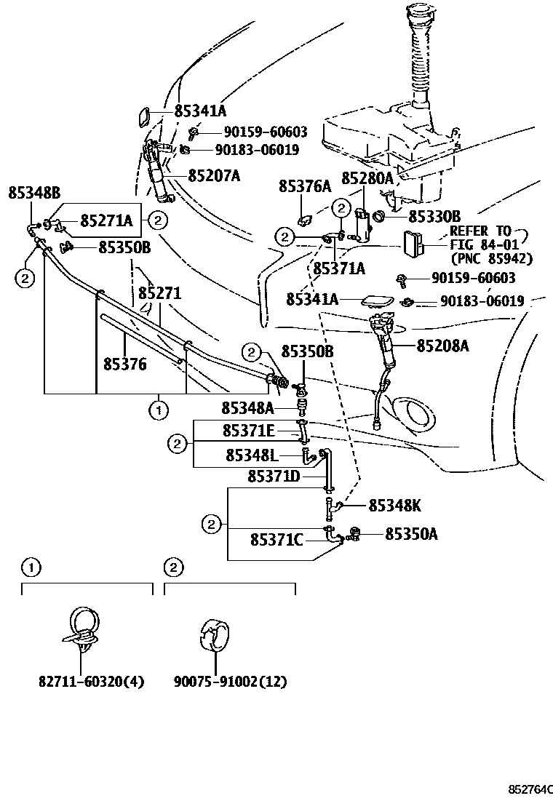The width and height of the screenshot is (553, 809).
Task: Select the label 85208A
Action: (x=442, y=347)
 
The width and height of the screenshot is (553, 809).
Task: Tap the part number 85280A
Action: (x=367, y=178)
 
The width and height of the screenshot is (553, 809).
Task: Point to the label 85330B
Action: (x=434, y=216)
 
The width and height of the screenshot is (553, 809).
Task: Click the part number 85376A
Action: (x=304, y=187)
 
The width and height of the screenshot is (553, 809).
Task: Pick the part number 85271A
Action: (x=106, y=220)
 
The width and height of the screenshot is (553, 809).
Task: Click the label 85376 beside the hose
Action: (x=124, y=363)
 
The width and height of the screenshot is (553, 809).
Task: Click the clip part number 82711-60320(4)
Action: (x=91, y=682)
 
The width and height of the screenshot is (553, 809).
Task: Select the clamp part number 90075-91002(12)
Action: (x=230, y=682)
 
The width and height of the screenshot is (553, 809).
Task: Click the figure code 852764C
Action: (x=530, y=789)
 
